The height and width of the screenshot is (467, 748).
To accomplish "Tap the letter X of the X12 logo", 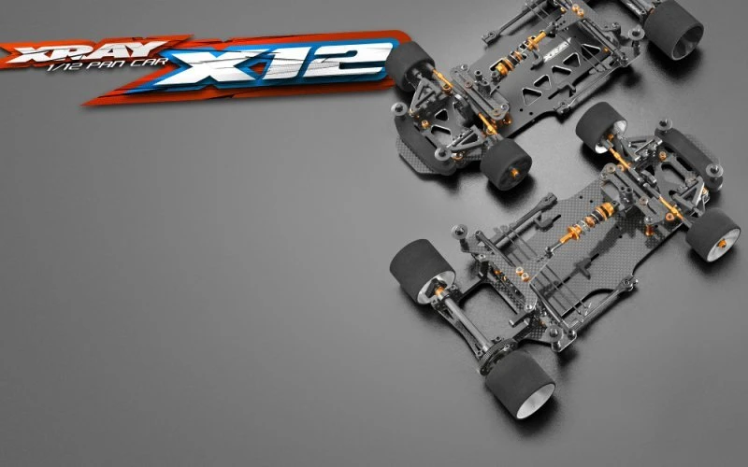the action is pos(209,65).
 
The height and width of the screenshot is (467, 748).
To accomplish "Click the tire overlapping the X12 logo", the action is pos(410,65).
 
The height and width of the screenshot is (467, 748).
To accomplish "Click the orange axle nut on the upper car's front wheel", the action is pos(514,173).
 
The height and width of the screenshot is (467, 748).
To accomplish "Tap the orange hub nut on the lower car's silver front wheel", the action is pos(722,244).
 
